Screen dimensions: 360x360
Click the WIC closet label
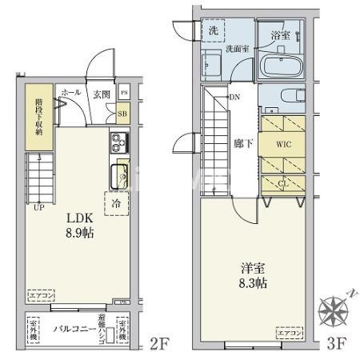coord(284,145)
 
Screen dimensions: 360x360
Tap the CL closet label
coord(283,182)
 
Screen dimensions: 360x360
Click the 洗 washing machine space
coord(213,30)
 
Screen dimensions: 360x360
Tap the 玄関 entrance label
coord(101,94)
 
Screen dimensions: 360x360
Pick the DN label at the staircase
coord(235,98)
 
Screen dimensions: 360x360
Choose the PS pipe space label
coord(123,94)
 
